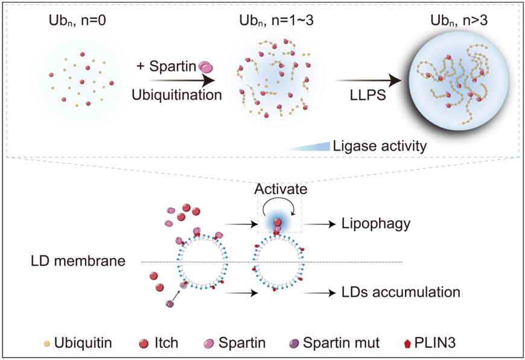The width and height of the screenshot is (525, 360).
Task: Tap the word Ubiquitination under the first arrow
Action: pyautogui.click(x=176, y=95)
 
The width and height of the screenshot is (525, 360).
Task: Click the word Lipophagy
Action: pyautogui.click(x=375, y=224)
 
